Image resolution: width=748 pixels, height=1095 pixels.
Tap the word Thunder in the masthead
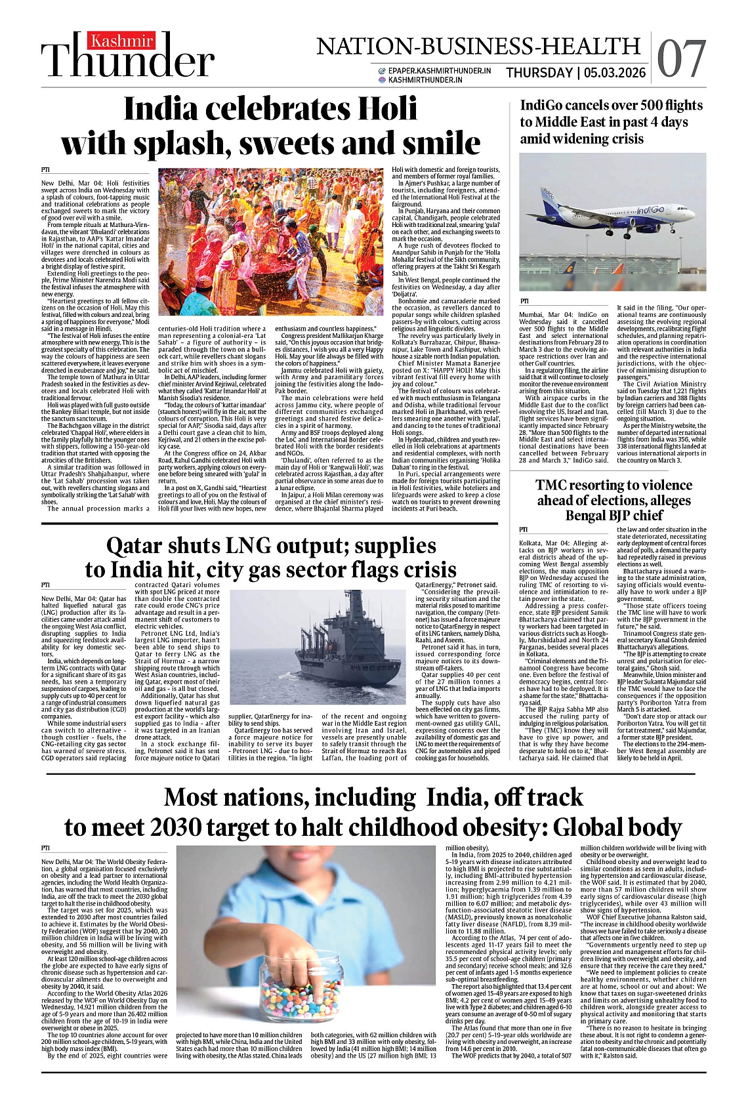[129, 62]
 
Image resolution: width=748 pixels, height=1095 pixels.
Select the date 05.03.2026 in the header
[614, 73]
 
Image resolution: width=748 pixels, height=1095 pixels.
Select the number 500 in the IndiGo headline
[659, 106]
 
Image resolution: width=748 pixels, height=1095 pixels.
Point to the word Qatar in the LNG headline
[141, 546]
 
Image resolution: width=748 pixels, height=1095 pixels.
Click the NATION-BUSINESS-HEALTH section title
[478, 46]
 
